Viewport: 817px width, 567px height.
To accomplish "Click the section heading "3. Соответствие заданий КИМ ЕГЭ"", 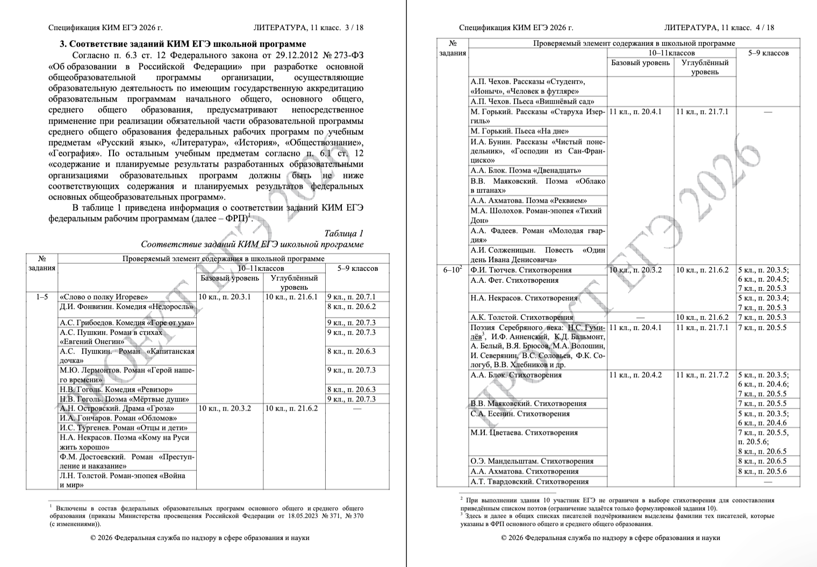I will point(182,44).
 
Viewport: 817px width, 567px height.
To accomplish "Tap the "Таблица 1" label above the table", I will point(343,233).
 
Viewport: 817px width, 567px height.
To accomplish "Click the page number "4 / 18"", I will point(764,27).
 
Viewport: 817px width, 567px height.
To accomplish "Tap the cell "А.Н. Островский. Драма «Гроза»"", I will point(117,408).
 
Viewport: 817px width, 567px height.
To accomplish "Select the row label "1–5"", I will point(41,297).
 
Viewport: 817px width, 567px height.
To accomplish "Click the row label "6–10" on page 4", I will point(452,270).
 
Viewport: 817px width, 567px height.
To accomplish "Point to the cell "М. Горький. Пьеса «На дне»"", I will point(519,131).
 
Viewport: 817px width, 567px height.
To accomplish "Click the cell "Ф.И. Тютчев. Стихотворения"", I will point(521,270).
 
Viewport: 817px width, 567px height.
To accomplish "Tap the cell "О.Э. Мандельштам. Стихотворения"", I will point(532,461).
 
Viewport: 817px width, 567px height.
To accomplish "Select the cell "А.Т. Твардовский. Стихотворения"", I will point(529,482).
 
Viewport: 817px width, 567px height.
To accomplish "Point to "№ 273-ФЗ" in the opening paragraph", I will point(342,56).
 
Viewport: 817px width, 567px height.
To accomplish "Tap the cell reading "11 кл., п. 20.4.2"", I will point(635,375).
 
